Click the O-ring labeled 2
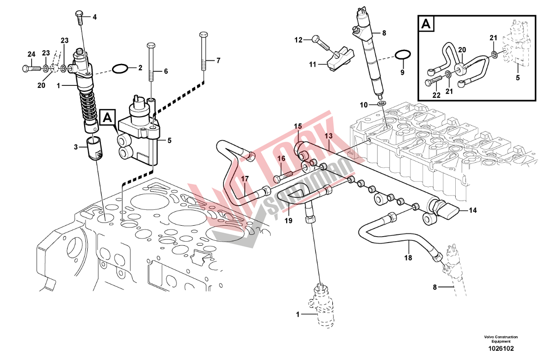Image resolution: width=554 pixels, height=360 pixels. point(120,69)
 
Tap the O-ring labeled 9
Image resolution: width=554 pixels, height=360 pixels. point(402,56)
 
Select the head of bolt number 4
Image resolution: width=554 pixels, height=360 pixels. point(79,14)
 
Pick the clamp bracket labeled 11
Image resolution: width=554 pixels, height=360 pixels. point(340,58)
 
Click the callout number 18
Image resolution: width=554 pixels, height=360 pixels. point(408,257)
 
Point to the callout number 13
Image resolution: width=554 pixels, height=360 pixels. point(329,136)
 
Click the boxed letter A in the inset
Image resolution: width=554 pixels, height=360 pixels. point(426,24)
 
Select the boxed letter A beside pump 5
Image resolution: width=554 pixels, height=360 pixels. point(107,118)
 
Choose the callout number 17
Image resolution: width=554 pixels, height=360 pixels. point(245,178)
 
